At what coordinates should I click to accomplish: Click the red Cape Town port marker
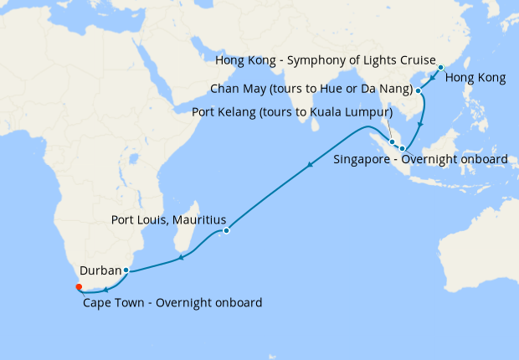coord(79,286)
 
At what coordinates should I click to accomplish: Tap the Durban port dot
coord(126,270)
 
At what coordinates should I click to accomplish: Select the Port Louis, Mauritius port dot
coord(227,230)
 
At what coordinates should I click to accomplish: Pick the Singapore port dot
coord(401,147)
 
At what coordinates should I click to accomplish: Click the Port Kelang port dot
coord(392,141)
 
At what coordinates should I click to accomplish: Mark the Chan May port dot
coord(418,90)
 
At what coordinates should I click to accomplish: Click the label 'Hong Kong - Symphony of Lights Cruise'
coord(326,62)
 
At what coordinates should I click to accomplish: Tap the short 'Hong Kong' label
coord(475,79)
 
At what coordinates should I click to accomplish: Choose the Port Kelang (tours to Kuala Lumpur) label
coord(292,112)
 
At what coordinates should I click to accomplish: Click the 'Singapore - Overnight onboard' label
coord(420,159)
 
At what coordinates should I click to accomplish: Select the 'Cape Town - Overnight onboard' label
coord(172,302)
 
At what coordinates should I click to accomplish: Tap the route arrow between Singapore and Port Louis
coord(310,164)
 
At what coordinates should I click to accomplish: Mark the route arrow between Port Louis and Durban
coord(181,259)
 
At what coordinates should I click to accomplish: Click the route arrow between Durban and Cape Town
coord(105,289)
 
